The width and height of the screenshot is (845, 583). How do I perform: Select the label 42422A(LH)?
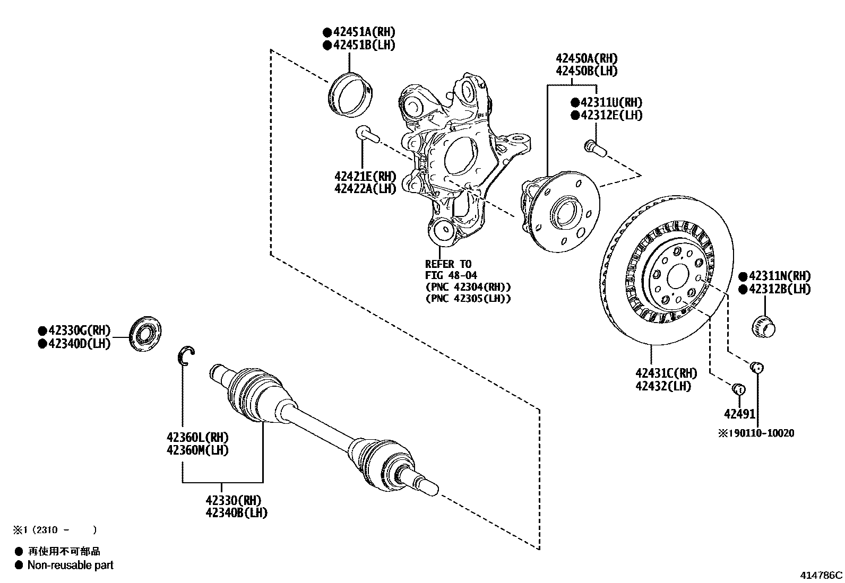coord(365,188)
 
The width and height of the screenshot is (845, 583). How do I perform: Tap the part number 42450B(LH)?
coord(587,71)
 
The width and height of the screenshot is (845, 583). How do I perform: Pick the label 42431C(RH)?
coord(666,373)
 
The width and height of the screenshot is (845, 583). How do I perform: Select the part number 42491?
coord(739,413)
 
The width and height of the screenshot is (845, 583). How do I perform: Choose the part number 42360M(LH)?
coord(197,450)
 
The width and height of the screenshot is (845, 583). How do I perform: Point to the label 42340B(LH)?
coord(236,512)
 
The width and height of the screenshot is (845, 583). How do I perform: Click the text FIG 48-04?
coord(451,275)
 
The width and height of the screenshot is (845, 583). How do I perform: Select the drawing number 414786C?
coord(822,575)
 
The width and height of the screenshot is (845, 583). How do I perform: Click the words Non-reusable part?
coord(70,565)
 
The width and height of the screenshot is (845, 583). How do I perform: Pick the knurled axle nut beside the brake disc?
coord(764,325)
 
